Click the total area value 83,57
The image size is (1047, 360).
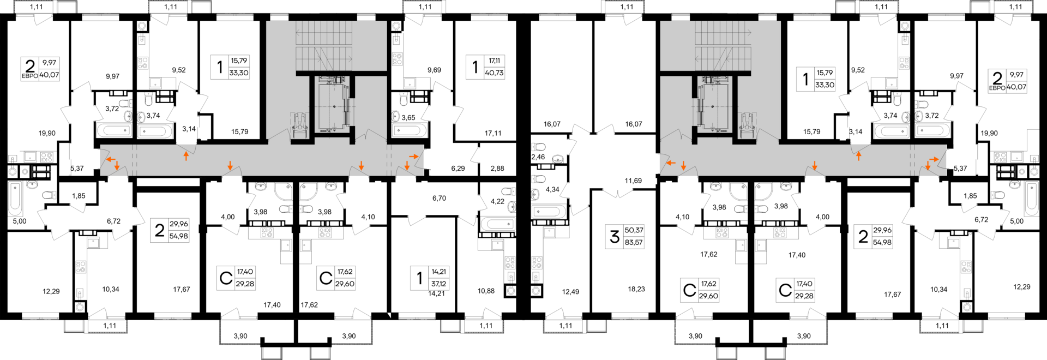click(x=634, y=243)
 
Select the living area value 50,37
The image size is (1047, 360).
click(x=634, y=231)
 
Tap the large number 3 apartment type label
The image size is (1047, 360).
click(x=615, y=237)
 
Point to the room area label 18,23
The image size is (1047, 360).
click(x=636, y=289)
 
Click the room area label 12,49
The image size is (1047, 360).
click(x=571, y=292)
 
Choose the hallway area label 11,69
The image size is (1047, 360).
click(x=633, y=181)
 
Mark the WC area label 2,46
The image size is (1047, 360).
click(x=538, y=157)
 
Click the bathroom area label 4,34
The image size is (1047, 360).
click(x=552, y=190)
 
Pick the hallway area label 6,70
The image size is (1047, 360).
click(x=439, y=199)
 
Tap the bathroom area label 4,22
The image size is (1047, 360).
click(x=497, y=201)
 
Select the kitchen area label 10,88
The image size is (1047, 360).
click(x=486, y=291)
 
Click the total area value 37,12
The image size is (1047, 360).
click(x=438, y=284)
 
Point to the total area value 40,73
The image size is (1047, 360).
click(x=494, y=73)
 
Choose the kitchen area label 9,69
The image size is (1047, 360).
click(x=434, y=70)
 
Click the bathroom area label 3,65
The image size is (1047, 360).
click(x=408, y=118)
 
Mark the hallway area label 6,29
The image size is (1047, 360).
click(x=458, y=169)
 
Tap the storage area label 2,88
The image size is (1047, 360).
click(x=497, y=169)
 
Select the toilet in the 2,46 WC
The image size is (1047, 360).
click(x=539, y=147)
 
